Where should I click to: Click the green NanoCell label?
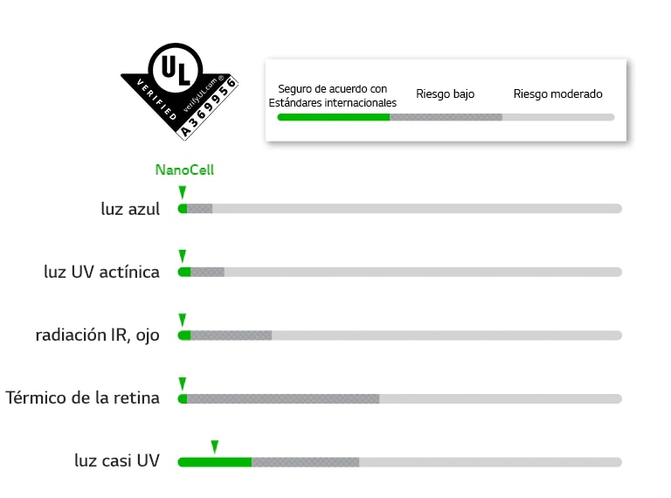point(184,170)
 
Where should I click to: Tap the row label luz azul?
point(130,210)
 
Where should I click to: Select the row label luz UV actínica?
point(101,272)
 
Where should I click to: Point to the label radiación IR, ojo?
point(98,335)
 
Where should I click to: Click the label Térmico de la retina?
point(83,398)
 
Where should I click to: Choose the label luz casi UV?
point(117,460)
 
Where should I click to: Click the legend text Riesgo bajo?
point(446,94)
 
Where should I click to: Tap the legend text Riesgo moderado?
point(557,94)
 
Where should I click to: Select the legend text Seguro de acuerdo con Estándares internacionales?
point(333,96)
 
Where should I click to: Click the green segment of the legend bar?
point(333,117)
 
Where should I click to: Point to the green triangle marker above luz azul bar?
point(182,192)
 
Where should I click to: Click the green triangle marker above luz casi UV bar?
point(214,446)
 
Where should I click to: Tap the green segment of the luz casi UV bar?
point(215,461)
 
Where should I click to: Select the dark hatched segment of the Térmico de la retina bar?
point(283,398)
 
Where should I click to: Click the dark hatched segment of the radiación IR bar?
point(231,335)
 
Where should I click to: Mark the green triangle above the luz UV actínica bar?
point(182,256)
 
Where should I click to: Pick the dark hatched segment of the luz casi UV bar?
point(305,461)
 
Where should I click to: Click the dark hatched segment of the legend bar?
point(446,117)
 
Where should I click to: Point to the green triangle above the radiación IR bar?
point(182,320)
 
